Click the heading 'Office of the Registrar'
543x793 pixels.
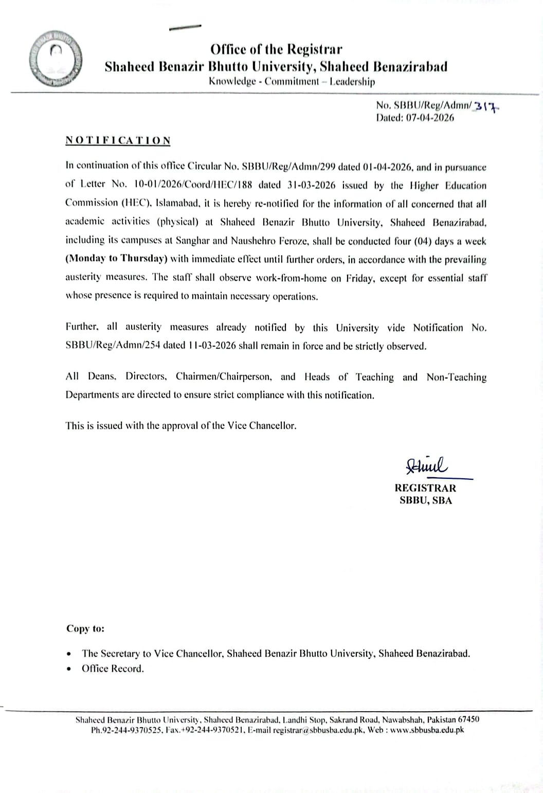(276, 49)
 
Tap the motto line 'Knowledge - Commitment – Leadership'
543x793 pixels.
(292, 81)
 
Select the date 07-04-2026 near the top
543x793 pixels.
(430, 118)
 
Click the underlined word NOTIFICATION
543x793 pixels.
(118, 141)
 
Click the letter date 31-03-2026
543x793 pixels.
(312, 185)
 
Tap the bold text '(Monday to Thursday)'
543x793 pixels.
(117, 259)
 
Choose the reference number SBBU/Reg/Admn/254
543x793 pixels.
(113, 346)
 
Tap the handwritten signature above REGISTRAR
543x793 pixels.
(427, 466)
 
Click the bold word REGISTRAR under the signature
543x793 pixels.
(425, 488)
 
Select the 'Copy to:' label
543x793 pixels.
(85, 628)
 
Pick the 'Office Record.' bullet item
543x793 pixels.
(113, 669)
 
